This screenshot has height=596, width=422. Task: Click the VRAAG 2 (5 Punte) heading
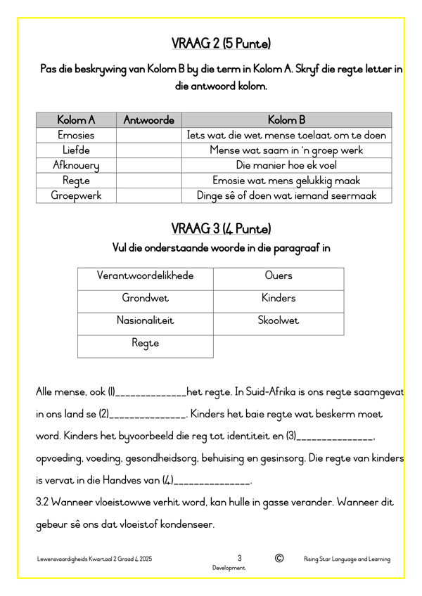click(x=221, y=44)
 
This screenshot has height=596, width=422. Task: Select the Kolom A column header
click(x=76, y=120)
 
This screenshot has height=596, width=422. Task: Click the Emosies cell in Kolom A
click(x=76, y=135)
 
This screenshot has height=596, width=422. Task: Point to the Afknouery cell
click(x=76, y=165)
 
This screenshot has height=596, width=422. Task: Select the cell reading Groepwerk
click(x=76, y=195)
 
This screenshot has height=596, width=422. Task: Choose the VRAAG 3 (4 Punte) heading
click(x=221, y=229)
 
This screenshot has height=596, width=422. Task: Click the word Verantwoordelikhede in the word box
click(x=145, y=276)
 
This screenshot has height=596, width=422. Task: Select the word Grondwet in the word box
click(x=145, y=298)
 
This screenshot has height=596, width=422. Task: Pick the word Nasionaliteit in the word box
click(x=145, y=320)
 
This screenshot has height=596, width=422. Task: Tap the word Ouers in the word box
click(x=278, y=276)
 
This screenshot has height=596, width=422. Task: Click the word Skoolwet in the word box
click(x=278, y=320)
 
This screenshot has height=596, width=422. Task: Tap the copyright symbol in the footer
click(x=279, y=558)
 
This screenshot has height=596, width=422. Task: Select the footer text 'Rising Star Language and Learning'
click(x=347, y=559)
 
